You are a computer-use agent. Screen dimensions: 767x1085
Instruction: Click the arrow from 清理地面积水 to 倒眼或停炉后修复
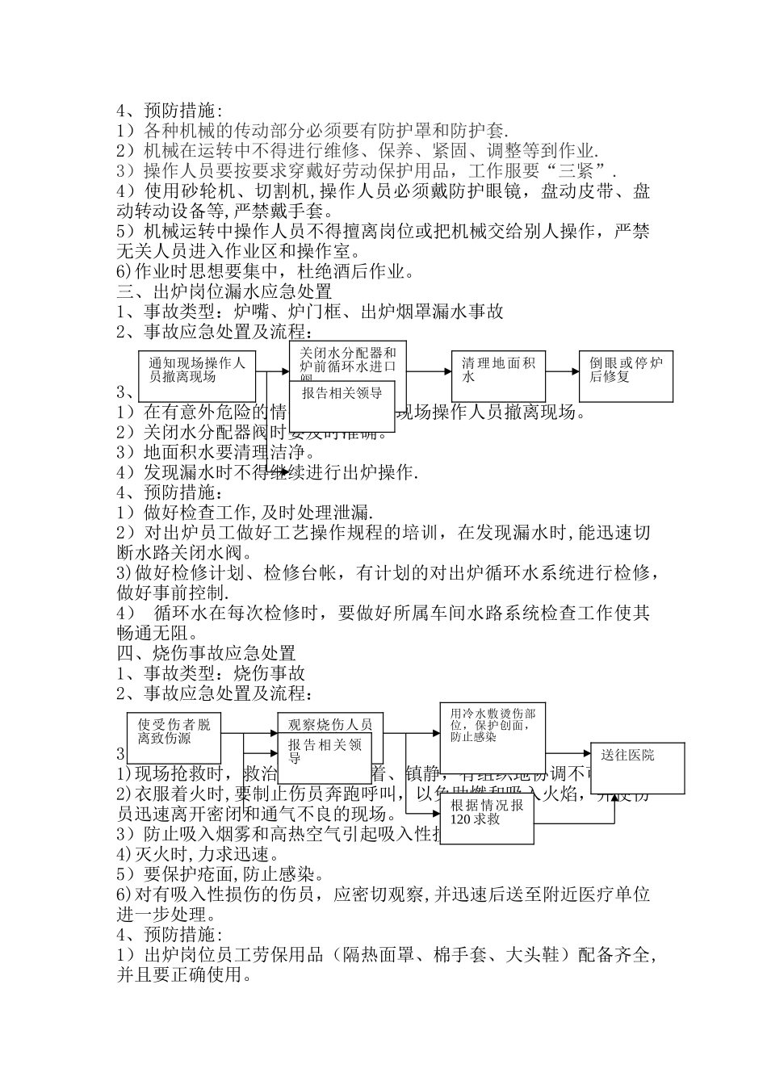pos(562,371)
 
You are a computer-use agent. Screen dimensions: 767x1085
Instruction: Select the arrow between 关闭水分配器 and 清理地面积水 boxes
pos(428,371)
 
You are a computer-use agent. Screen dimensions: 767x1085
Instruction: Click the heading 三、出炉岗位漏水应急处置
pos(224,291)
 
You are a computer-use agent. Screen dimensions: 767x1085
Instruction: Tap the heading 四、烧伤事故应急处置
pos(207,653)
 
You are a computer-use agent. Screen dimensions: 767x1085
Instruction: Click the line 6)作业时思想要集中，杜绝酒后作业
pos(266,271)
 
